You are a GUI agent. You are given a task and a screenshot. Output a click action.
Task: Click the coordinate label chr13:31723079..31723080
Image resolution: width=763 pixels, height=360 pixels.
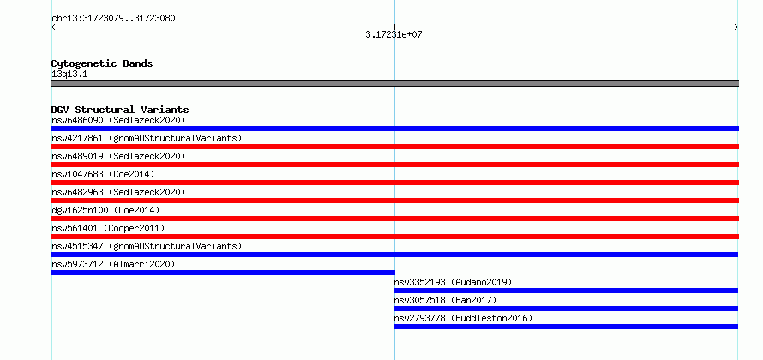113,19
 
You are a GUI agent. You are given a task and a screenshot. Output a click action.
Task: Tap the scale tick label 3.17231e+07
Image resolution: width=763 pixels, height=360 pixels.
394,34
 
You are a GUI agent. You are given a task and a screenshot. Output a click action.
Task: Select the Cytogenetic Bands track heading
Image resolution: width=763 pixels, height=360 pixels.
102,63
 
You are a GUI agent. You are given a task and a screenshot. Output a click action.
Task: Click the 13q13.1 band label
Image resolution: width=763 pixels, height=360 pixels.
69,75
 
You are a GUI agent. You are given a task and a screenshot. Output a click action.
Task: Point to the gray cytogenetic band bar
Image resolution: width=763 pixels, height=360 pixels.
394,83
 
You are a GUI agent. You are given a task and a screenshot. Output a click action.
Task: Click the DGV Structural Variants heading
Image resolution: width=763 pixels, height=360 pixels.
120,110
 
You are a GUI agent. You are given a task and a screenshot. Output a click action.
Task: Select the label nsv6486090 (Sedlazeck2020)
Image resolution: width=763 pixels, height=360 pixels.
118,120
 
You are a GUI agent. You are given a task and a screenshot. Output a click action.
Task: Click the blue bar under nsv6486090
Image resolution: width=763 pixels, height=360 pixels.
394,129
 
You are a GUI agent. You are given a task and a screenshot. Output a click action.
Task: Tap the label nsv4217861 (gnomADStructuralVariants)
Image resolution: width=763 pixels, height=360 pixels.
147,138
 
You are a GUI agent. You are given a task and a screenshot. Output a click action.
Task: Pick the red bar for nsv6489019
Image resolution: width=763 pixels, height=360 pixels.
394,165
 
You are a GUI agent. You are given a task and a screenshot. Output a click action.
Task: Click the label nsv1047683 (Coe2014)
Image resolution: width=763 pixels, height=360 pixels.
103,174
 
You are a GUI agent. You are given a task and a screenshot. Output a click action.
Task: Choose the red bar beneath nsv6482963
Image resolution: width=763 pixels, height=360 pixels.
394,201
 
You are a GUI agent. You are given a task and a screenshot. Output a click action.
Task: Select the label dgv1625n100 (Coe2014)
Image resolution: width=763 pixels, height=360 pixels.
105,210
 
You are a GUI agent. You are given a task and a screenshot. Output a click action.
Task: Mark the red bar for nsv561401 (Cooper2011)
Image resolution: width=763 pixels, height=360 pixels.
394,237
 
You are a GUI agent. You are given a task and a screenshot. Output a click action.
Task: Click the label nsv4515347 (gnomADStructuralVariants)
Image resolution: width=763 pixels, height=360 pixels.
147,246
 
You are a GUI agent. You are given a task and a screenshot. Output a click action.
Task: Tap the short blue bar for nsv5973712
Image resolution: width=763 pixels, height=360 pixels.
223,273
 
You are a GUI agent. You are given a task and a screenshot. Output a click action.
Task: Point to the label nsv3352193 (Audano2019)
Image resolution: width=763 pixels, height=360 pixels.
453,282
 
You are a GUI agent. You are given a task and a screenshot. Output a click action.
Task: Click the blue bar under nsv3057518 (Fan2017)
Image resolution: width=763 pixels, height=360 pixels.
567,309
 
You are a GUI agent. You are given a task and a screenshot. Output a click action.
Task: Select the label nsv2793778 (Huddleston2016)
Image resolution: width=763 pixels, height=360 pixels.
463,318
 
